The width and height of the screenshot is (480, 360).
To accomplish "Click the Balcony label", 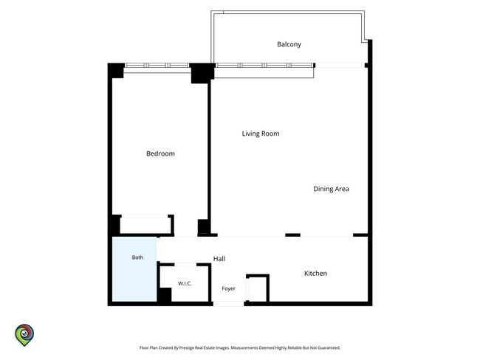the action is coord(289,44).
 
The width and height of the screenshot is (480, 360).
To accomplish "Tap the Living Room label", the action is coord(261,134).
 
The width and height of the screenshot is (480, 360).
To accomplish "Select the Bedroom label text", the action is coord(160,153).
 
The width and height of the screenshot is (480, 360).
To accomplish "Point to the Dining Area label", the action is coord(331,189).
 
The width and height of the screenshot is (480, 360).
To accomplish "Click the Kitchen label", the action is coord(315,274).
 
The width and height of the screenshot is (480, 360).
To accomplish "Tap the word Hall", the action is coord(219,259).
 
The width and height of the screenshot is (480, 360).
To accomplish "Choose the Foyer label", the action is coord(228,288).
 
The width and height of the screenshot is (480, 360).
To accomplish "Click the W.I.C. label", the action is coord(185,283).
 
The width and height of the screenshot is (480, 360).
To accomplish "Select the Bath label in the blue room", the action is coord(137,257).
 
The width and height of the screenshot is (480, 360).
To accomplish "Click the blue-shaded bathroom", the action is coord(134,269).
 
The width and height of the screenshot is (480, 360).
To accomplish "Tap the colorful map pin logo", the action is coord(24,335).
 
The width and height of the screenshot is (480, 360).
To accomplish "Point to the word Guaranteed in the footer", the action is coord(329,347).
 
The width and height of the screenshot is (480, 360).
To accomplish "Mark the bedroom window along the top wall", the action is coord(157,66).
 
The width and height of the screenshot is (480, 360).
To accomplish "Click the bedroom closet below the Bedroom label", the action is coord(145,225).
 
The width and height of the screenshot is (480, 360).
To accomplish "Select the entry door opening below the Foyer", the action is coord(229,304).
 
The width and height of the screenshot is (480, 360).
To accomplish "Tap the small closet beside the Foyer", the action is coord(258,288).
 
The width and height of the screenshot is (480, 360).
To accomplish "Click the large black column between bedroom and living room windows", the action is coord(202,73).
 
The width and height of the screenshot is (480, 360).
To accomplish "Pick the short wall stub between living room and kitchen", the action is coord(292,235).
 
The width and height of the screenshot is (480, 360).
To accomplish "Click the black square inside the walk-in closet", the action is coord(165,295).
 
